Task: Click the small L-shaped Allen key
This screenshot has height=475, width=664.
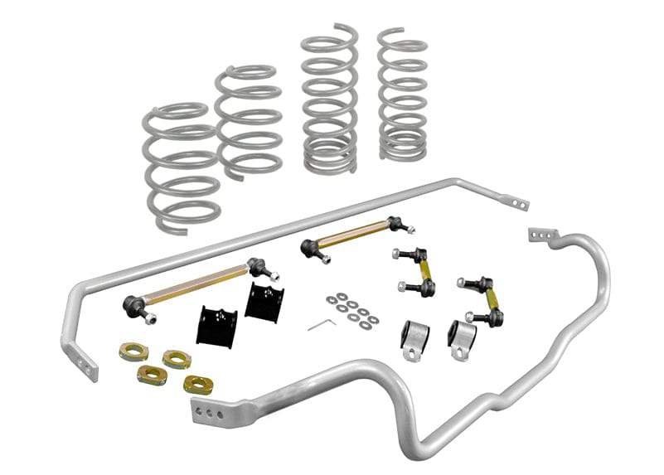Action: tap(319, 323)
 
